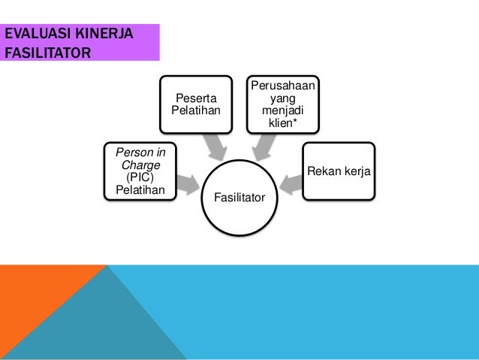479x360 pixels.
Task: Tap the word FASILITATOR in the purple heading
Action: pyautogui.click(x=47, y=53)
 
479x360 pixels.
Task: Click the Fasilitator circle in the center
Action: pyautogui.click(x=239, y=197)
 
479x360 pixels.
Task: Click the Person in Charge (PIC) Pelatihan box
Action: pyautogui.click(x=140, y=170)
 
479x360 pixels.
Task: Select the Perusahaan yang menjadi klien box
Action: pyautogui.click(x=282, y=103)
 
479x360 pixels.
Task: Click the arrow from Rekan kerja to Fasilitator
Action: pyautogui.click(x=290, y=182)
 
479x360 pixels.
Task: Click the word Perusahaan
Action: pyautogui.click(x=282, y=86)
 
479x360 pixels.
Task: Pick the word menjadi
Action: pyautogui.click(x=282, y=110)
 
